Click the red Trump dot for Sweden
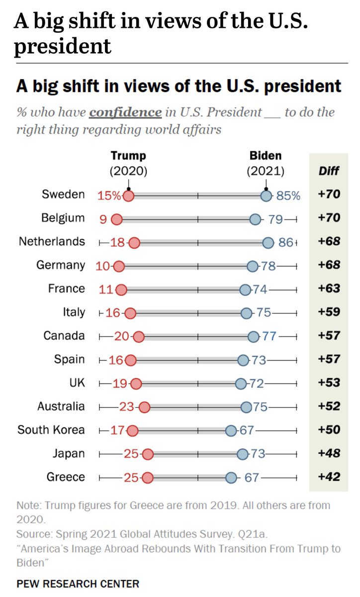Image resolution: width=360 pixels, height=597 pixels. point(128,196)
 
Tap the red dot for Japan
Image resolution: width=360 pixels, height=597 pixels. point(148,454)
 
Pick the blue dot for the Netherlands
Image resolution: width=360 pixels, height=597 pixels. point(269,243)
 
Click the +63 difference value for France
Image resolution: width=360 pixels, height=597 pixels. point(329,289)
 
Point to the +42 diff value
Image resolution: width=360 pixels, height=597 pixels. point(329,477)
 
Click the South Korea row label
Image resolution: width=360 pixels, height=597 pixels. point(51,430)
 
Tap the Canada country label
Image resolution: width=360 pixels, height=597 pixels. point(64,336)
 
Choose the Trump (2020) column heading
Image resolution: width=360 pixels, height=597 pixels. point(128,164)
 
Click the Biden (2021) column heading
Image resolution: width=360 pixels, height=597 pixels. point(266,164)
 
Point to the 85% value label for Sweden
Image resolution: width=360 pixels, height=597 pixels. point(289,196)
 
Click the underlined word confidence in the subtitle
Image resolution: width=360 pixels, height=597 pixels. point(125,112)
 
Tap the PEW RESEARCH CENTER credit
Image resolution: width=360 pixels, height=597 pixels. point(78,584)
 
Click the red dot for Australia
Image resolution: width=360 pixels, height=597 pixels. point(144,407)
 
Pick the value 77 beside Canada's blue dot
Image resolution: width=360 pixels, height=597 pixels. point(270,336)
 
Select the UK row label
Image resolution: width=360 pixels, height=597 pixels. point(77,383)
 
